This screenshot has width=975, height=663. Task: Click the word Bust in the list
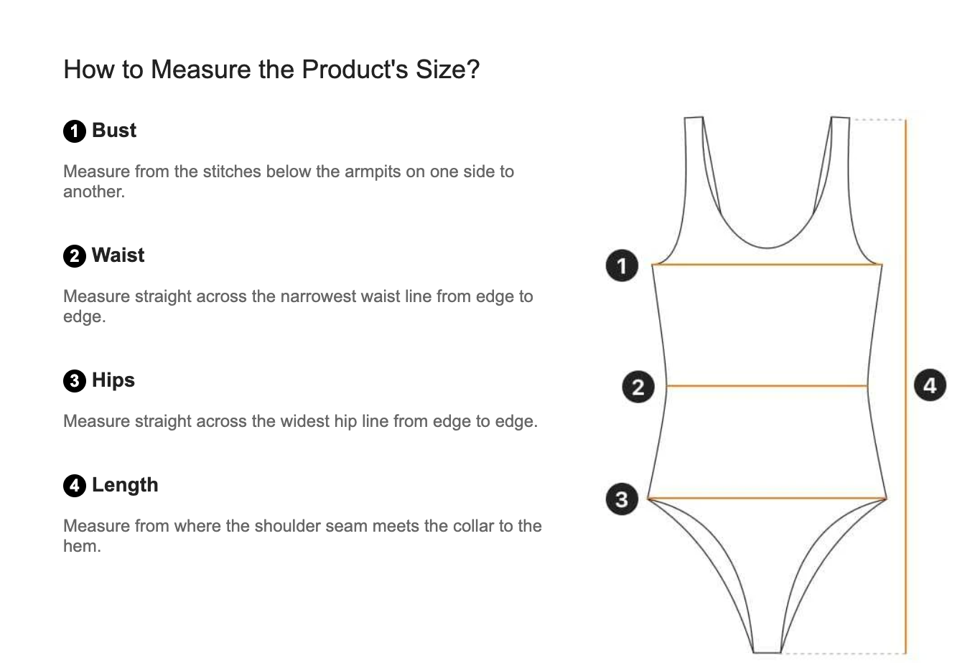114,131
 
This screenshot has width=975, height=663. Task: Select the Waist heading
118,255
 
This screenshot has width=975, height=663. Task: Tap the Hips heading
113,380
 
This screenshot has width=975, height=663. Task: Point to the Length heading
125,485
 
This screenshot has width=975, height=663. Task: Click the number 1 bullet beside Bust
75,131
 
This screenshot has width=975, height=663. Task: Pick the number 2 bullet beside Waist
75,256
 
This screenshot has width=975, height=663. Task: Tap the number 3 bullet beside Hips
75,381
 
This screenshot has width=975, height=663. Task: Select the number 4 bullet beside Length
75,486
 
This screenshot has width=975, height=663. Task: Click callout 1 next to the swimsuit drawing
622,265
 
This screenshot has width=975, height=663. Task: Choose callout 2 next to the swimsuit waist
638,387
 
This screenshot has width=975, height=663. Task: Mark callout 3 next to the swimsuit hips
622,499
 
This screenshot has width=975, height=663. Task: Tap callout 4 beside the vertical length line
930,385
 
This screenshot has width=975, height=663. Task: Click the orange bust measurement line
767,264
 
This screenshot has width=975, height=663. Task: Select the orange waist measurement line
767,386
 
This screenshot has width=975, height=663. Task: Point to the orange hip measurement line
767,498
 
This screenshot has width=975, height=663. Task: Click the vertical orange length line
906,386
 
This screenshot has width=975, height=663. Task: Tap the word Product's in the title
355,70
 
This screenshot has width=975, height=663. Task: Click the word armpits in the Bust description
373,172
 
